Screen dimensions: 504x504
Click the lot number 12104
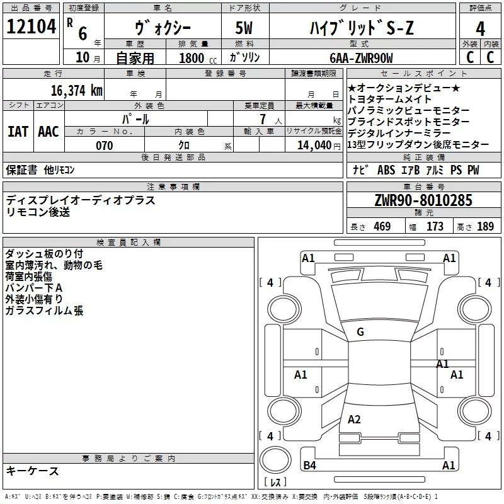(x=31, y=28)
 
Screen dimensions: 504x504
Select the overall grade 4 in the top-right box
(x=481, y=28)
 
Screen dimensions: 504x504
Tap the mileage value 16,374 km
(x=77, y=91)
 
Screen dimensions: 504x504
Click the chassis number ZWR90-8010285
(x=423, y=200)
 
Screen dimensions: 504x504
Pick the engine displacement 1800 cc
(x=193, y=58)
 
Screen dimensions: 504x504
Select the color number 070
(x=104, y=146)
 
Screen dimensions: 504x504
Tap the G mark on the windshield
(x=360, y=332)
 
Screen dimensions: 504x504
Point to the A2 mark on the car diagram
(x=354, y=420)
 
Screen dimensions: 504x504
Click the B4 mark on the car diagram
(x=309, y=466)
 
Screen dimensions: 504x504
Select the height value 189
(x=485, y=227)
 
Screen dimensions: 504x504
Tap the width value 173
(x=435, y=227)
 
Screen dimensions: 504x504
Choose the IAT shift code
(x=18, y=132)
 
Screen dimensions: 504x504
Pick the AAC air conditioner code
(x=49, y=132)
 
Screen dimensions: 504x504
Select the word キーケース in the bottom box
(x=33, y=471)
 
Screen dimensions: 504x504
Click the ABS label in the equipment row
(x=386, y=170)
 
